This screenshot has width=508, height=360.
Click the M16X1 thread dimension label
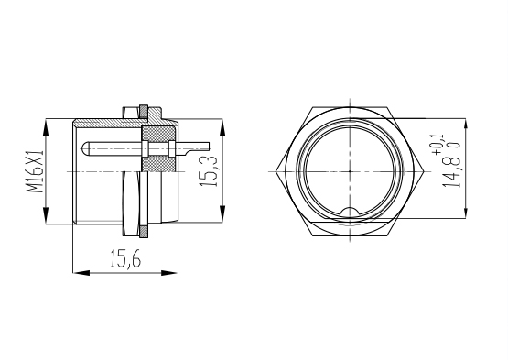point(35,171)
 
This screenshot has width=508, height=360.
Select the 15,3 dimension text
point(209,170)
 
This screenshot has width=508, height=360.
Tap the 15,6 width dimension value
point(125,259)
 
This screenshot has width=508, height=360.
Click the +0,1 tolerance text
point(439,145)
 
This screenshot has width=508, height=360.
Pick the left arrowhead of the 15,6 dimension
point(81,273)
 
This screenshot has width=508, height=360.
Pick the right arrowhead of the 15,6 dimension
point(169,273)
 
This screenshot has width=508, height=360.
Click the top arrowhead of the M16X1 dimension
point(46,127)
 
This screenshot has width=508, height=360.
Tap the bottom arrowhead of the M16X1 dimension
point(46,214)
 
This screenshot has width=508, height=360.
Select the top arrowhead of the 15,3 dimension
point(222,127)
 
